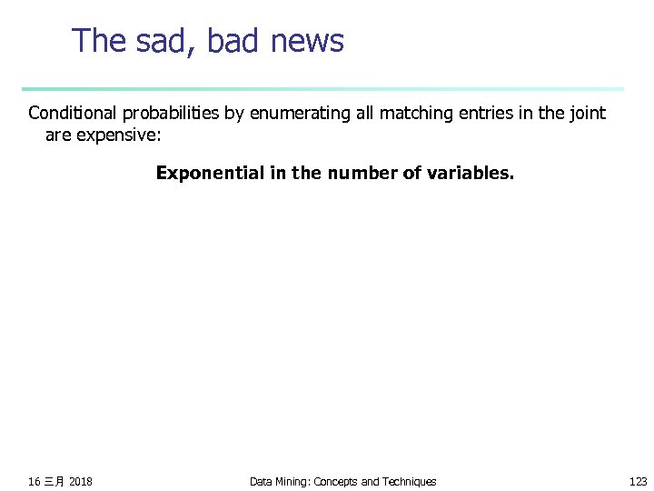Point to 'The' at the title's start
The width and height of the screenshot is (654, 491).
coord(98,41)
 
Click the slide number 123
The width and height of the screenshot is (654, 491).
coord(639,481)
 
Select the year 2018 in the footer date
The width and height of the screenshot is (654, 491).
coord(80,481)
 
